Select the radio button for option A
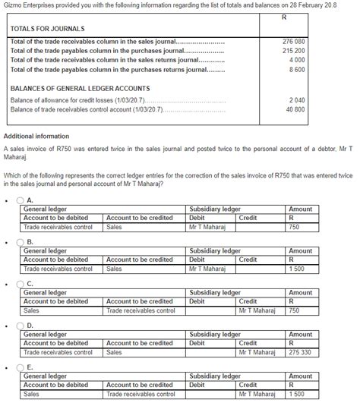click(x=21, y=200)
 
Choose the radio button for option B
click(x=21, y=243)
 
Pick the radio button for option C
click(x=21, y=285)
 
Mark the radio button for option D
click(x=21, y=326)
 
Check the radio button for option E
click(x=21, y=368)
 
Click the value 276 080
click(x=293, y=41)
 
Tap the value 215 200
click(x=293, y=50)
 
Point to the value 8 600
click(x=297, y=69)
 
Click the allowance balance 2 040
click(x=297, y=100)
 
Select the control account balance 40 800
click(x=295, y=109)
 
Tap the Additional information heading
click(x=36, y=136)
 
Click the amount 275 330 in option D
click(x=299, y=352)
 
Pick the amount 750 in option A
click(x=293, y=227)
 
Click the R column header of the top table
click(x=283, y=17)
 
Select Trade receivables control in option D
click(x=58, y=352)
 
